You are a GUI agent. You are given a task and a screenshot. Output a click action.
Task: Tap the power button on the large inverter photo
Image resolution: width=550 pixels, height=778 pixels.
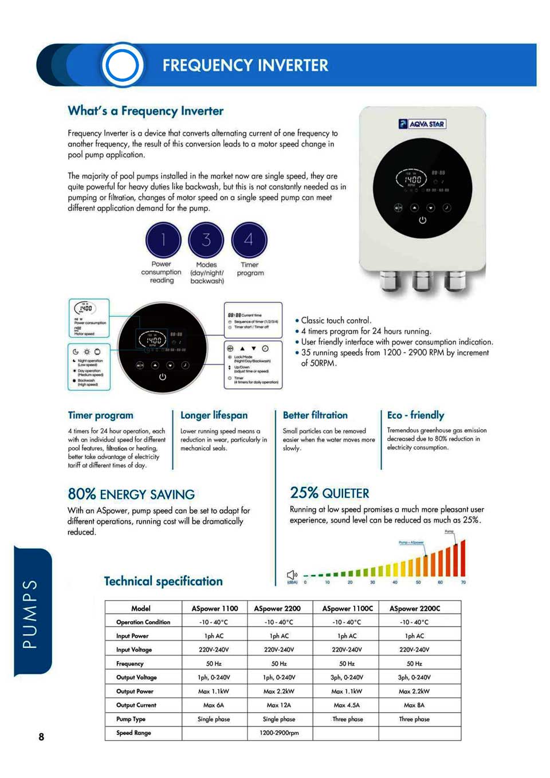pyautogui.click(x=422, y=220)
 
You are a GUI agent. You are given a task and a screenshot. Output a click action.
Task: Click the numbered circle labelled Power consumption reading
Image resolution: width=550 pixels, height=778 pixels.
pyautogui.click(x=163, y=240)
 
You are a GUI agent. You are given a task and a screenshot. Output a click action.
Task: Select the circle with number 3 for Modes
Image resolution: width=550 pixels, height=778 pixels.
pyautogui.click(x=206, y=240)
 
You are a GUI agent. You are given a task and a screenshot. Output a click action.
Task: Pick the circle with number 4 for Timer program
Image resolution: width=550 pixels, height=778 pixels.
pyautogui.click(x=249, y=240)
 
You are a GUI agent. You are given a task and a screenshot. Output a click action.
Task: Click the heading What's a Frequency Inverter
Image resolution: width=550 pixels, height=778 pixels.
pyautogui.click(x=146, y=111)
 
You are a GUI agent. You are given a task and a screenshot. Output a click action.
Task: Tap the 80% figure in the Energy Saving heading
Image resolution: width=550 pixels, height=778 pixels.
pyautogui.click(x=81, y=494)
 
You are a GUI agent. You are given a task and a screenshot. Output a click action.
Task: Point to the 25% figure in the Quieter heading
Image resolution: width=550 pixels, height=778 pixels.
pyautogui.click(x=304, y=493)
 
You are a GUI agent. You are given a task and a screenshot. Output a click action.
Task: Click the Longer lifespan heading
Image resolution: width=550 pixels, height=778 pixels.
pyautogui.click(x=214, y=415)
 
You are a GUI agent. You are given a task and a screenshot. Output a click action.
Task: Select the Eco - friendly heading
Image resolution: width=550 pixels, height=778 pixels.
pyautogui.click(x=415, y=415)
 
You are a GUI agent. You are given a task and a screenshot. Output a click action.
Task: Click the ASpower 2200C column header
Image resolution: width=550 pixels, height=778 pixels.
pyautogui.click(x=415, y=608)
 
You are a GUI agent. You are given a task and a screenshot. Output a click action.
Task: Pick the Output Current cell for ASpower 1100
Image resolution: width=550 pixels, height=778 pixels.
pyautogui.click(x=214, y=705)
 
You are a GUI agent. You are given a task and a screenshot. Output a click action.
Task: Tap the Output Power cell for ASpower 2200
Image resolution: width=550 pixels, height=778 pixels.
pyautogui.click(x=279, y=691)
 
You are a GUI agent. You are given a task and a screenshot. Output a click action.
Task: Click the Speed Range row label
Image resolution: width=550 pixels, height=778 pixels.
pyautogui.click(x=133, y=733)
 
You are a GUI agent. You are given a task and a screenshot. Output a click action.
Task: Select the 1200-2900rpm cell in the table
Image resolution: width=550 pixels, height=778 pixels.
pyautogui.click(x=279, y=733)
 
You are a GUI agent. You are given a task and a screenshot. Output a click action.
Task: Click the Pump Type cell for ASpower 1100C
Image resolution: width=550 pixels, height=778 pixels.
pyautogui.click(x=347, y=719)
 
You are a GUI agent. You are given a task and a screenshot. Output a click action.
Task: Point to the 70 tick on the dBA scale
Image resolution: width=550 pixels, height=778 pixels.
pyautogui.click(x=463, y=582)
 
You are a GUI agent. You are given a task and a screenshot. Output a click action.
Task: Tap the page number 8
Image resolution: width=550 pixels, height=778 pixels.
pyautogui.click(x=41, y=737)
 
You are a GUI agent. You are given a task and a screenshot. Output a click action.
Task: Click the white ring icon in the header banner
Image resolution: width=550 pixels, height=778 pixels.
pyautogui.click(x=122, y=65)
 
